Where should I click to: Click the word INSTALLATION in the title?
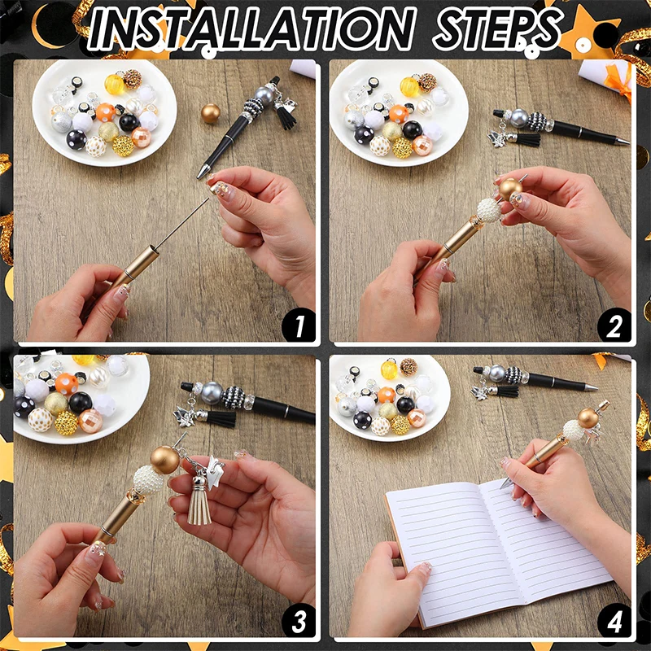(x=251, y=29)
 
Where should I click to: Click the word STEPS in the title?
(x=497, y=29)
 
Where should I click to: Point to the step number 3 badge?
(x=299, y=621)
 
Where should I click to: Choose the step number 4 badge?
(x=614, y=621)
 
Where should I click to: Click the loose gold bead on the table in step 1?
(x=211, y=114)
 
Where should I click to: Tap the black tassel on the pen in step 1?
(x=286, y=117)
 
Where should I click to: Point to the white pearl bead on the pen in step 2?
(x=489, y=210)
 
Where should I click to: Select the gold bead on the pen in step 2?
(x=510, y=190)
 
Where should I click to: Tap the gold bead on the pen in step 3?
(x=165, y=460)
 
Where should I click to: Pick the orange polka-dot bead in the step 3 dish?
(x=67, y=384)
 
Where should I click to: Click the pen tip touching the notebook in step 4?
(x=504, y=484)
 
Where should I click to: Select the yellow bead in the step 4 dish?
(x=389, y=369)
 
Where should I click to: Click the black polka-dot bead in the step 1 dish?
(x=76, y=139)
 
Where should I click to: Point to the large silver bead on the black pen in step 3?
(x=212, y=393)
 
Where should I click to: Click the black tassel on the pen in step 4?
(x=508, y=391)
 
